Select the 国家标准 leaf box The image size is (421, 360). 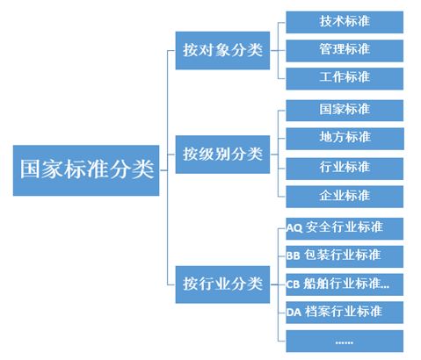click(345, 110)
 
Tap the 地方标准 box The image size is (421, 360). click(345, 138)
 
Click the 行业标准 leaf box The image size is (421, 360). click(345, 167)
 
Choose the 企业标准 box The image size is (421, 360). click(345, 195)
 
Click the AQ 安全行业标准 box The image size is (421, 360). click(345, 227)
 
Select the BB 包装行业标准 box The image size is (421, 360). click(345, 256)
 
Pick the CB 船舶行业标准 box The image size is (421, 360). click(345, 284)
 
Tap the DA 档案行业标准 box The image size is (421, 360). click(345, 312)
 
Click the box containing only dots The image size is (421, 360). click(345, 340)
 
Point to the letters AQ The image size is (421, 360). click(294, 228)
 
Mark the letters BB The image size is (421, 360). click(294, 256)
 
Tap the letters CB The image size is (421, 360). click(294, 284)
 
